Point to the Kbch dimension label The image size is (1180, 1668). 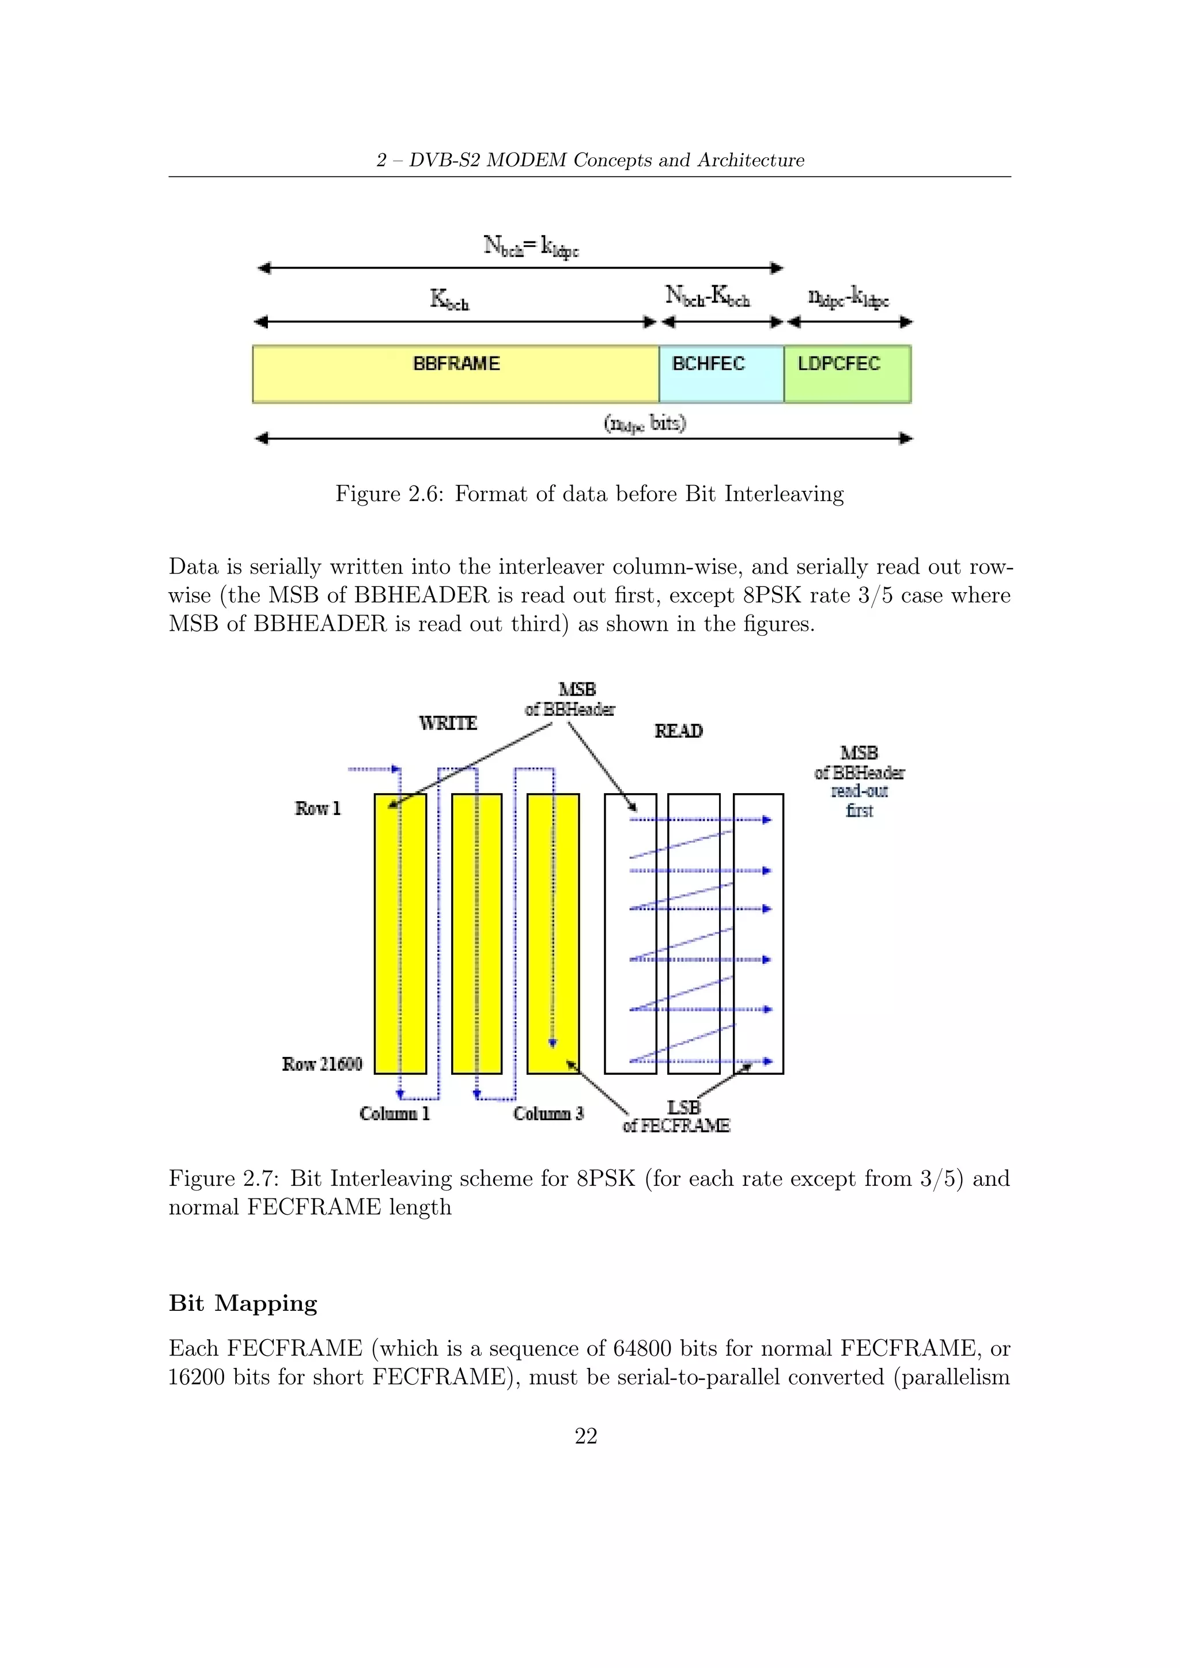coord(450,298)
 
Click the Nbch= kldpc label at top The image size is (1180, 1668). coord(531,245)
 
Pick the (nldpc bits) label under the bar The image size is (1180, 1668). coord(645,423)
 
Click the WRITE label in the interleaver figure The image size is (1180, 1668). coord(448,723)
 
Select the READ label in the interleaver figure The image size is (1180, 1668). coord(679,731)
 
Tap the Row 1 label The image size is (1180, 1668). coord(317,808)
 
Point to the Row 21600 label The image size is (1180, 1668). coord(322,1064)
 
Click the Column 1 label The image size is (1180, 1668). coord(395,1113)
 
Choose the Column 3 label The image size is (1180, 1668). coord(549,1113)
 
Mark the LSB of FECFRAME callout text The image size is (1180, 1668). coord(677,1117)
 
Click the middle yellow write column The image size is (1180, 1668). coord(476,934)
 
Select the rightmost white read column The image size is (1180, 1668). coord(759,934)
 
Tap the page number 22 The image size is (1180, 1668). coord(585,1435)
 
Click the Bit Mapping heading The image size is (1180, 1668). coord(243,1303)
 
